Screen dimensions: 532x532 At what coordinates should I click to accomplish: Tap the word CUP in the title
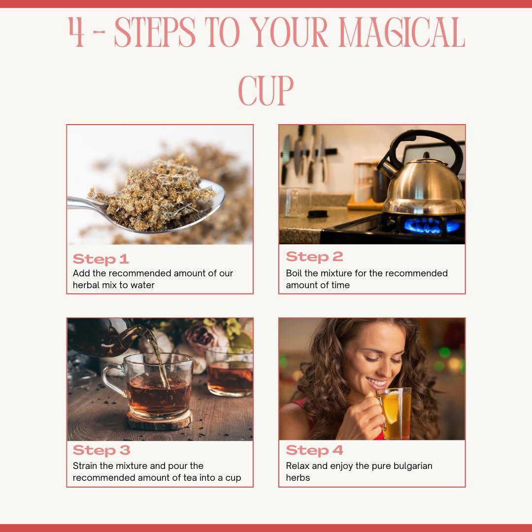tap(266, 90)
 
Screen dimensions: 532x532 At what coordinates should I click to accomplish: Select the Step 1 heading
tap(100, 259)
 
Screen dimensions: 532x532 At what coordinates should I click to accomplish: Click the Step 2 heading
tap(314, 257)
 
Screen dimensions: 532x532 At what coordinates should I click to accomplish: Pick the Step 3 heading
tap(101, 450)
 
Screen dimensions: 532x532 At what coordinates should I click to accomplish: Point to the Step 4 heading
tap(314, 450)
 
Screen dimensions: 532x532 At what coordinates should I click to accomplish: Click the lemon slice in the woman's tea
tap(391, 407)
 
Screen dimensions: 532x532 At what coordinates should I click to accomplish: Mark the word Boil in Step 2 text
tap(295, 273)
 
